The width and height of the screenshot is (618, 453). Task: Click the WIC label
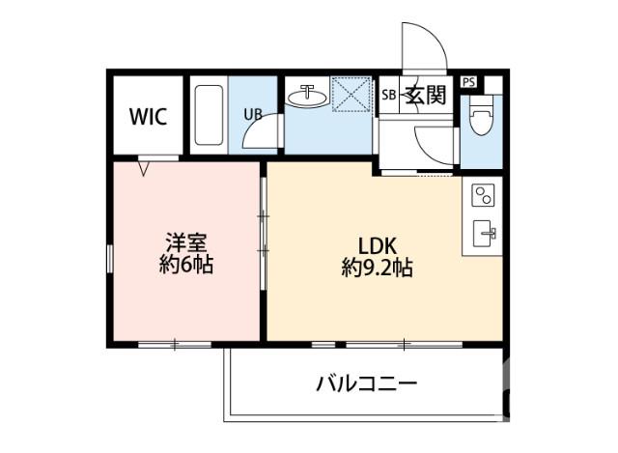[149, 118]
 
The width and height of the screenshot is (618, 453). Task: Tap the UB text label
[252, 113]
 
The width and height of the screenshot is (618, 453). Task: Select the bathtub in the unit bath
[207, 116]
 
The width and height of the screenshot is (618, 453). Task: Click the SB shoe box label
[388, 95]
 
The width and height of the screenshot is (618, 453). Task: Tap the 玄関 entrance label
[424, 95]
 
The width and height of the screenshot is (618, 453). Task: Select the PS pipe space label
[469, 82]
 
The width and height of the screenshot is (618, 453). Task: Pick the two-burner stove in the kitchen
[481, 196]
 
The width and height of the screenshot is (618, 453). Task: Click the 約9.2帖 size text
[377, 269]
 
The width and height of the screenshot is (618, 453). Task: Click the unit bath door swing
[259, 132]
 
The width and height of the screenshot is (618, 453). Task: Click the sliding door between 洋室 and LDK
[262, 232]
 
